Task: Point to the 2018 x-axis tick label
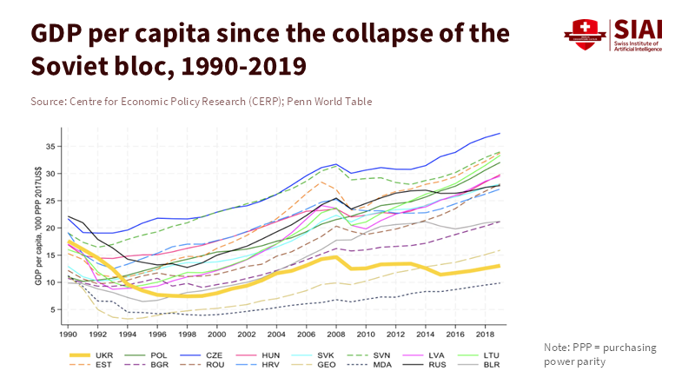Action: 480,334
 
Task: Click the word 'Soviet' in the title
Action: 74,65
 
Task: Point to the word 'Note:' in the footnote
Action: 556,348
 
